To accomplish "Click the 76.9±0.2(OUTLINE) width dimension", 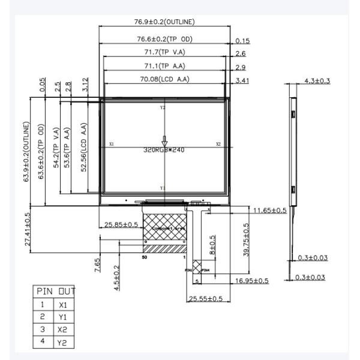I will (164, 22).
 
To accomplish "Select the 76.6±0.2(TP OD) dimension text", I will (164, 40).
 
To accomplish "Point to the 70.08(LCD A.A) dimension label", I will (164, 78).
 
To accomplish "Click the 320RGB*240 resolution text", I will (164, 150).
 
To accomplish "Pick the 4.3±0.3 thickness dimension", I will (317, 81).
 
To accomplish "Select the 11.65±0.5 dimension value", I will (269, 211).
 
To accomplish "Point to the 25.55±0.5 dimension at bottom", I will (206, 298).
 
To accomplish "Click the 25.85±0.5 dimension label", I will (121, 224).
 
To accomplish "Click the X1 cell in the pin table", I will (62, 305).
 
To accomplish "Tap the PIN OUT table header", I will (54, 291).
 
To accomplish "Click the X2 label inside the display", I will (218, 145).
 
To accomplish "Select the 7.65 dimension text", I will (98, 265).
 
